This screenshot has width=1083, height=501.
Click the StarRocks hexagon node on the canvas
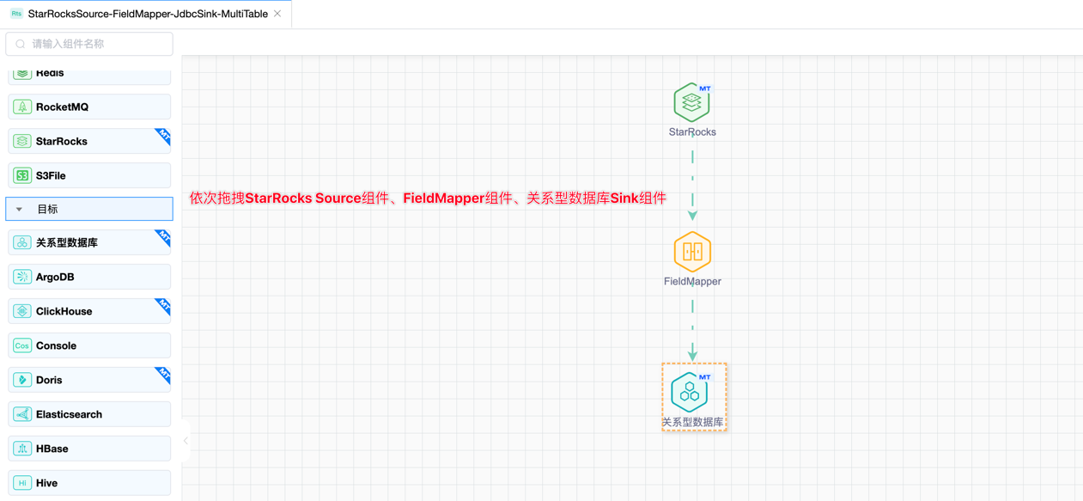pyautogui.click(x=691, y=103)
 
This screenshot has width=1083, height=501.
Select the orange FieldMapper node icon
pyautogui.click(x=692, y=252)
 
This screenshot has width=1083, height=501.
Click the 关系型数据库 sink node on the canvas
pyautogui.click(x=690, y=393)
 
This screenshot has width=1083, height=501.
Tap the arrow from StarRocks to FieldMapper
pyautogui.click(x=692, y=186)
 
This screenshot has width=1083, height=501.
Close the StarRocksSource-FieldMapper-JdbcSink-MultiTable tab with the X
pyautogui.click(x=277, y=14)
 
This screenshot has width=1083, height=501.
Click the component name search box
pyautogui.click(x=89, y=44)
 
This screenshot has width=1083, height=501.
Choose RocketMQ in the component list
pyautogui.click(x=89, y=107)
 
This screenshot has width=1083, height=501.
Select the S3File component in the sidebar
pyautogui.click(x=89, y=175)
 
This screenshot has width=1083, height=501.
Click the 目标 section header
pyautogui.click(x=89, y=209)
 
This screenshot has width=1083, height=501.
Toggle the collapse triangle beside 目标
pyautogui.click(x=20, y=209)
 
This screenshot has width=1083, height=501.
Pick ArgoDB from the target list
pyautogui.click(x=89, y=277)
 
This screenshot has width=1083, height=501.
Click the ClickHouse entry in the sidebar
pyautogui.click(x=89, y=311)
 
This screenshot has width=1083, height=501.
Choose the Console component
pyautogui.click(x=89, y=345)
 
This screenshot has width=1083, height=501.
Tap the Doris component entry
pyautogui.click(x=89, y=380)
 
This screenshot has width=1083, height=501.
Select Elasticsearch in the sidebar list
pyautogui.click(x=89, y=414)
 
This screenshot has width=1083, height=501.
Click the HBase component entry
pyautogui.click(x=89, y=449)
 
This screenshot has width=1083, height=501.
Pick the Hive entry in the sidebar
pyautogui.click(x=89, y=483)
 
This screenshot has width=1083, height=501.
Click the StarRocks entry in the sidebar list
pyautogui.click(x=89, y=141)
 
